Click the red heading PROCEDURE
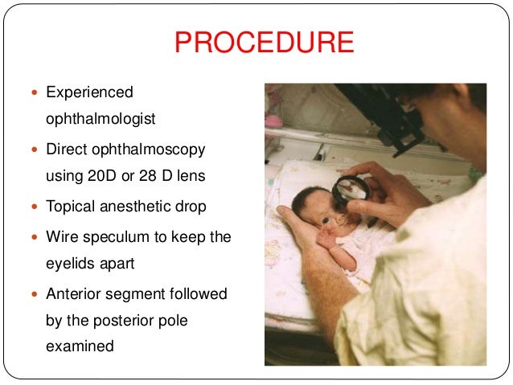[264, 43]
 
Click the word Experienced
[89, 92]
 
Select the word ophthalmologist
[101, 119]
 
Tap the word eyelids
[73, 264]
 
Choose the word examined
[80, 346]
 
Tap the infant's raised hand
[328, 239]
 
